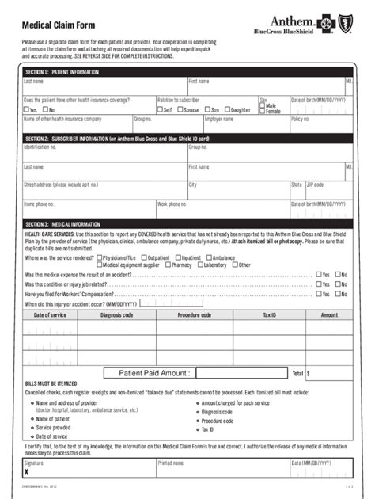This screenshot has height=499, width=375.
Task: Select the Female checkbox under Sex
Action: click(x=263, y=112)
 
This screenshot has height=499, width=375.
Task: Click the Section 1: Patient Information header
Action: click(x=62, y=72)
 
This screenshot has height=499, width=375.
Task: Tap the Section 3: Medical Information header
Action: click(x=63, y=224)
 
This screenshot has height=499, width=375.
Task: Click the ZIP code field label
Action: click(x=315, y=185)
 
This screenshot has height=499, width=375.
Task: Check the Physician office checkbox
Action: click(x=99, y=257)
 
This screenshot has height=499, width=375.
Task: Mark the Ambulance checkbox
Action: click(x=209, y=257)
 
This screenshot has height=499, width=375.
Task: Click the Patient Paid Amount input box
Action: click(x=241, y=372)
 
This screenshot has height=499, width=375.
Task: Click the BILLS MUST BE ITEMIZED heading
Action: click(x=54, y=383)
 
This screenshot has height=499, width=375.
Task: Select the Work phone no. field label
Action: click(x=172, y=204)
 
